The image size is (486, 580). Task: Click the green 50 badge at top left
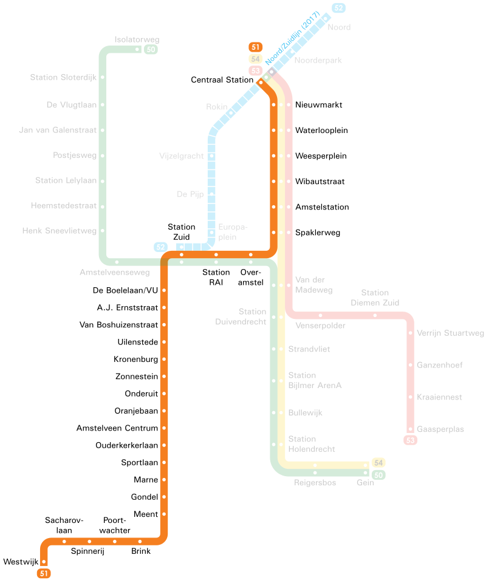[151, 49]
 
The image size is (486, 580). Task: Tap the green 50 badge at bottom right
[378, 475]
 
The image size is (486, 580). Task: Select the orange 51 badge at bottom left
[44, 573]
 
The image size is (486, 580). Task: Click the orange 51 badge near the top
[256, 47]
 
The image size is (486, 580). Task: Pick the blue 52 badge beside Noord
[338, 8]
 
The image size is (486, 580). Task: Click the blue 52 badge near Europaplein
[160, 247]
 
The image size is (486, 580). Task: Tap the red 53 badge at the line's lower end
[411, 440]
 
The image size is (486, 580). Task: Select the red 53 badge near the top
[256, 71]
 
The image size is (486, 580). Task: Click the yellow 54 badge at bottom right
[378, 463]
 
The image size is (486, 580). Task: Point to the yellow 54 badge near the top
[256, 59]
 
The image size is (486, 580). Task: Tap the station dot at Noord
[326, 18]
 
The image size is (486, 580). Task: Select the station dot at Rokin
[231, 112]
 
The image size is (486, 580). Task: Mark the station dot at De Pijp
[211, 194]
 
